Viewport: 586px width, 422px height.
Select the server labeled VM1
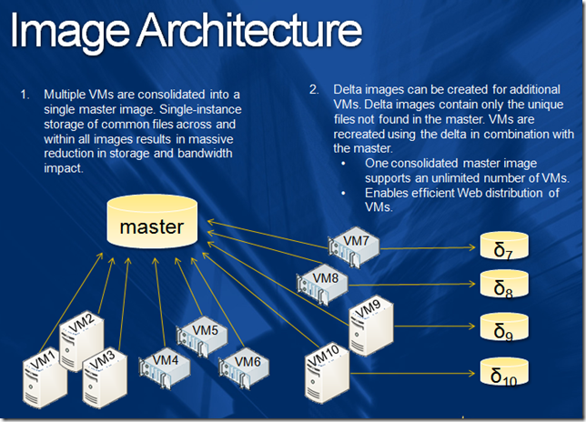pos(45,382)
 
